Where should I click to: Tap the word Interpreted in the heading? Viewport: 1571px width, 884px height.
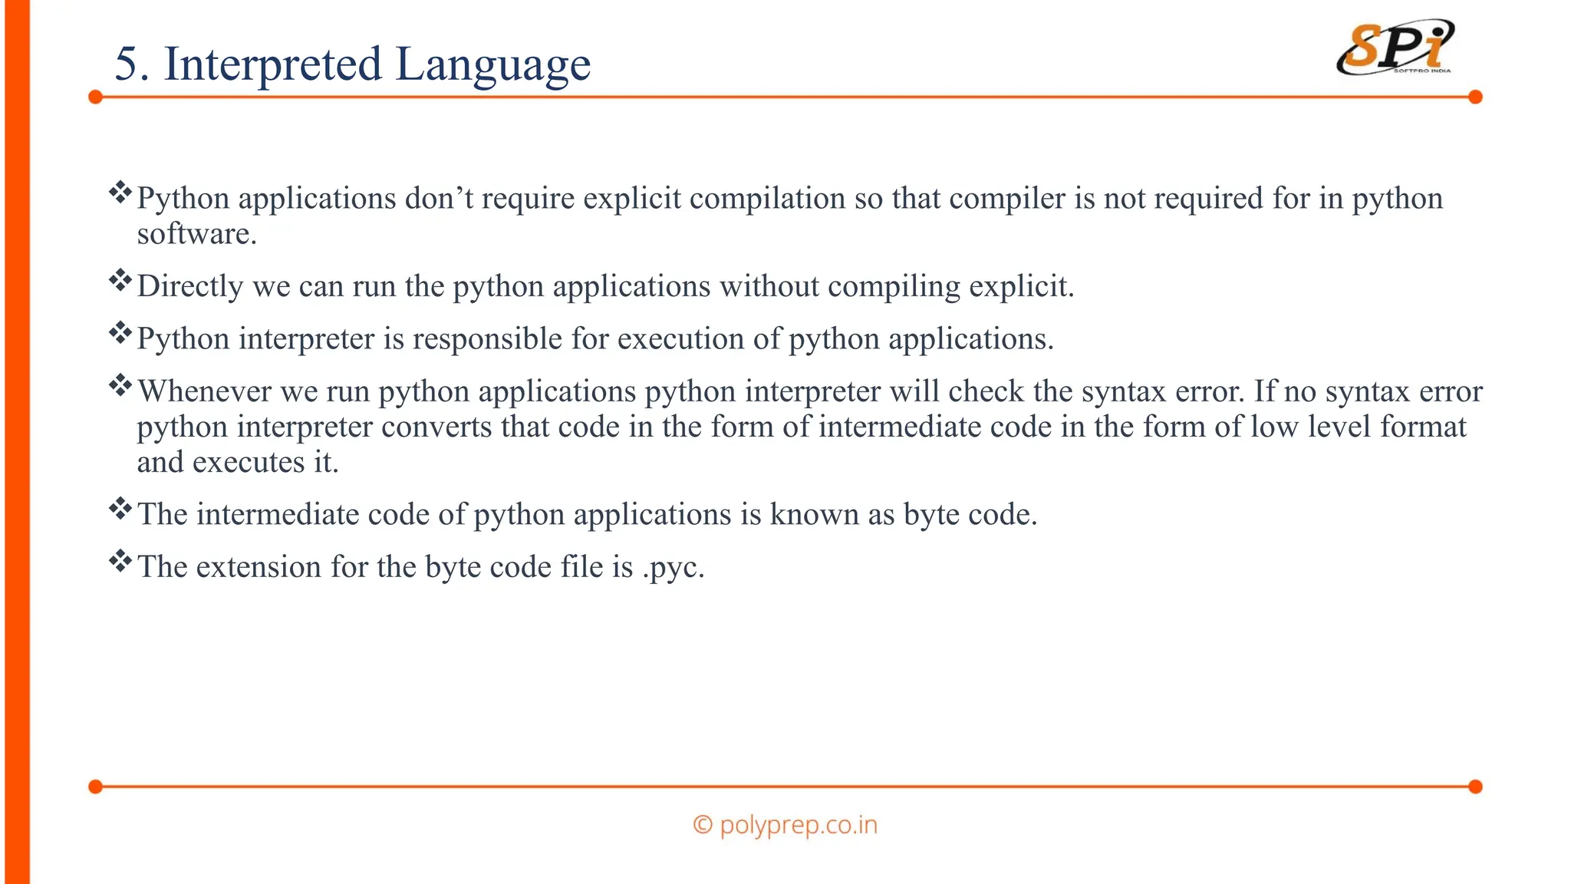[272, 65]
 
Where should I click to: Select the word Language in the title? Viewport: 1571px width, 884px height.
[492, 65]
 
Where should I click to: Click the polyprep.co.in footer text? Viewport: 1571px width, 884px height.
[785, 825]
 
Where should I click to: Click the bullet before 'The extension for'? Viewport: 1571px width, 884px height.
[120, 561]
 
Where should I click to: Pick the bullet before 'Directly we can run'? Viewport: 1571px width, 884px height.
[120, 280]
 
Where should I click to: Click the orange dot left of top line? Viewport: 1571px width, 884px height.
[95, 97]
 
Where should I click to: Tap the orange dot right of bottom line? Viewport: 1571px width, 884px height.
[1475, 787]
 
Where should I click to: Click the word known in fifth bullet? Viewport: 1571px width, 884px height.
[814, 515]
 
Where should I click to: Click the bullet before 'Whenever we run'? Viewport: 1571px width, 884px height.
[120, 385]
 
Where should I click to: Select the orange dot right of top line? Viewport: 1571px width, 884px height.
[1475, 97]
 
